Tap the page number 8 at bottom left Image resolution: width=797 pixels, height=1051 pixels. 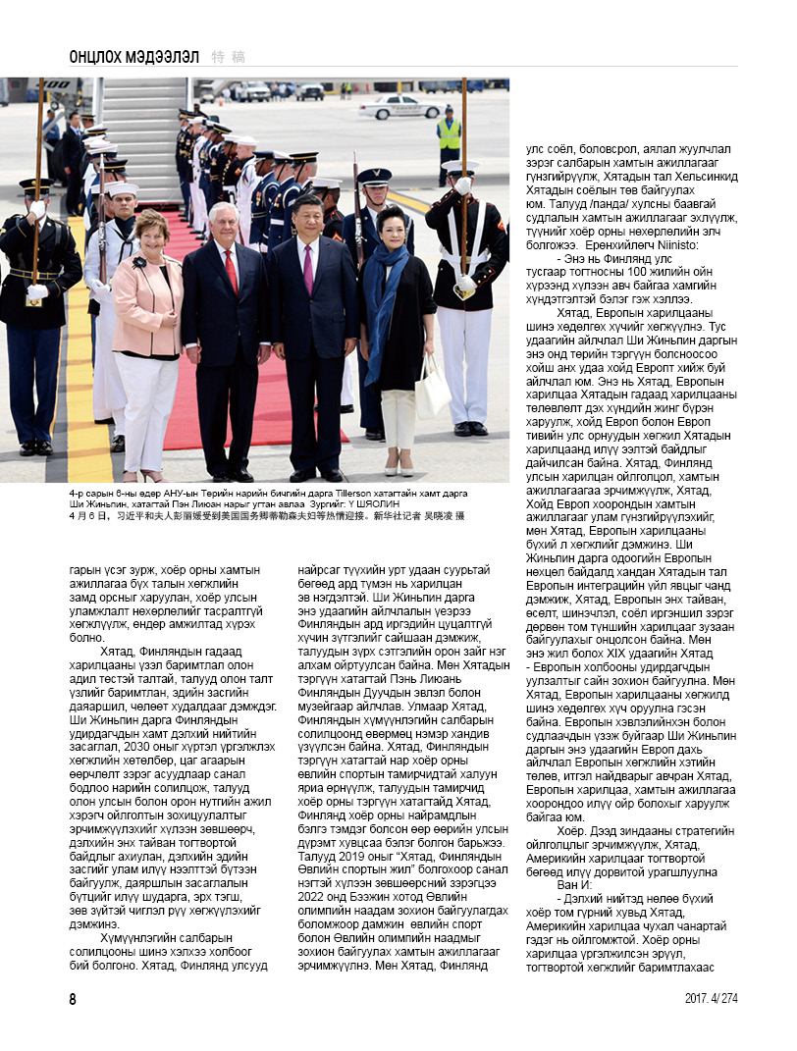click(x=73, y=999)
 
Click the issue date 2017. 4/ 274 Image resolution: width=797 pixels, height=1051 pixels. click(x=711, y=999)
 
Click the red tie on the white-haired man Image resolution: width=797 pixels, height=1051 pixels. click(x=232, y=269)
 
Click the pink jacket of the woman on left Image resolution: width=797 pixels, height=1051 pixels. click(x=147, y=304)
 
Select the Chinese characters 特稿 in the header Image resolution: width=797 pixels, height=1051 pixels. click(x=229, y=57)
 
